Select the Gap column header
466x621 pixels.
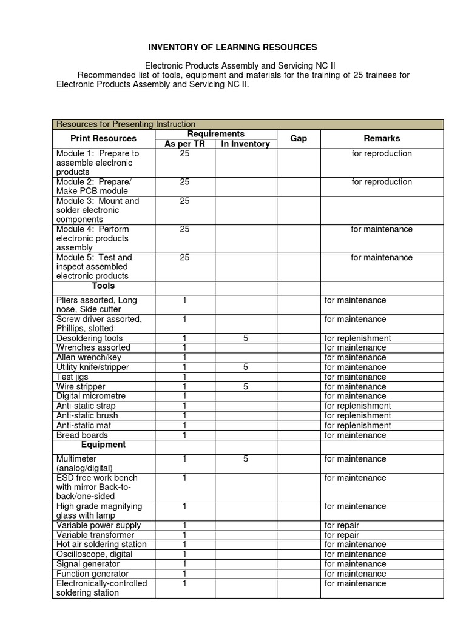tap(298, 139)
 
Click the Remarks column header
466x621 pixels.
tap(382, 139)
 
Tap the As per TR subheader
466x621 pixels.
tap(185, 144)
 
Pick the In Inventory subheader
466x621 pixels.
tap(245, 144)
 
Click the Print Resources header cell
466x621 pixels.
tap(103, 139)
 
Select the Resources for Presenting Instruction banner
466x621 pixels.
tap(126, 124)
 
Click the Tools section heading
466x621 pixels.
tap(103, 286)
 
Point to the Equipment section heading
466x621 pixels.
tap(103, 445)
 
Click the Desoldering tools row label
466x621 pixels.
tap(89, 338)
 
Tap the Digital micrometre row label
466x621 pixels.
tap(89, 396)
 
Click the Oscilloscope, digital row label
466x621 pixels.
tap(92, 554)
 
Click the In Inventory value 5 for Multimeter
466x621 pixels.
tap(246, 459)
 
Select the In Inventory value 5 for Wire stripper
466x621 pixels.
tap(246, 386)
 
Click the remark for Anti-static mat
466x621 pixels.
tap(357, 425)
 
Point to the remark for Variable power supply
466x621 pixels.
tap(342, 525)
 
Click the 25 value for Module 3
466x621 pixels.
tap(185, 201)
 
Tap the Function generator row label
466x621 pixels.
tap(92, 574)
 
